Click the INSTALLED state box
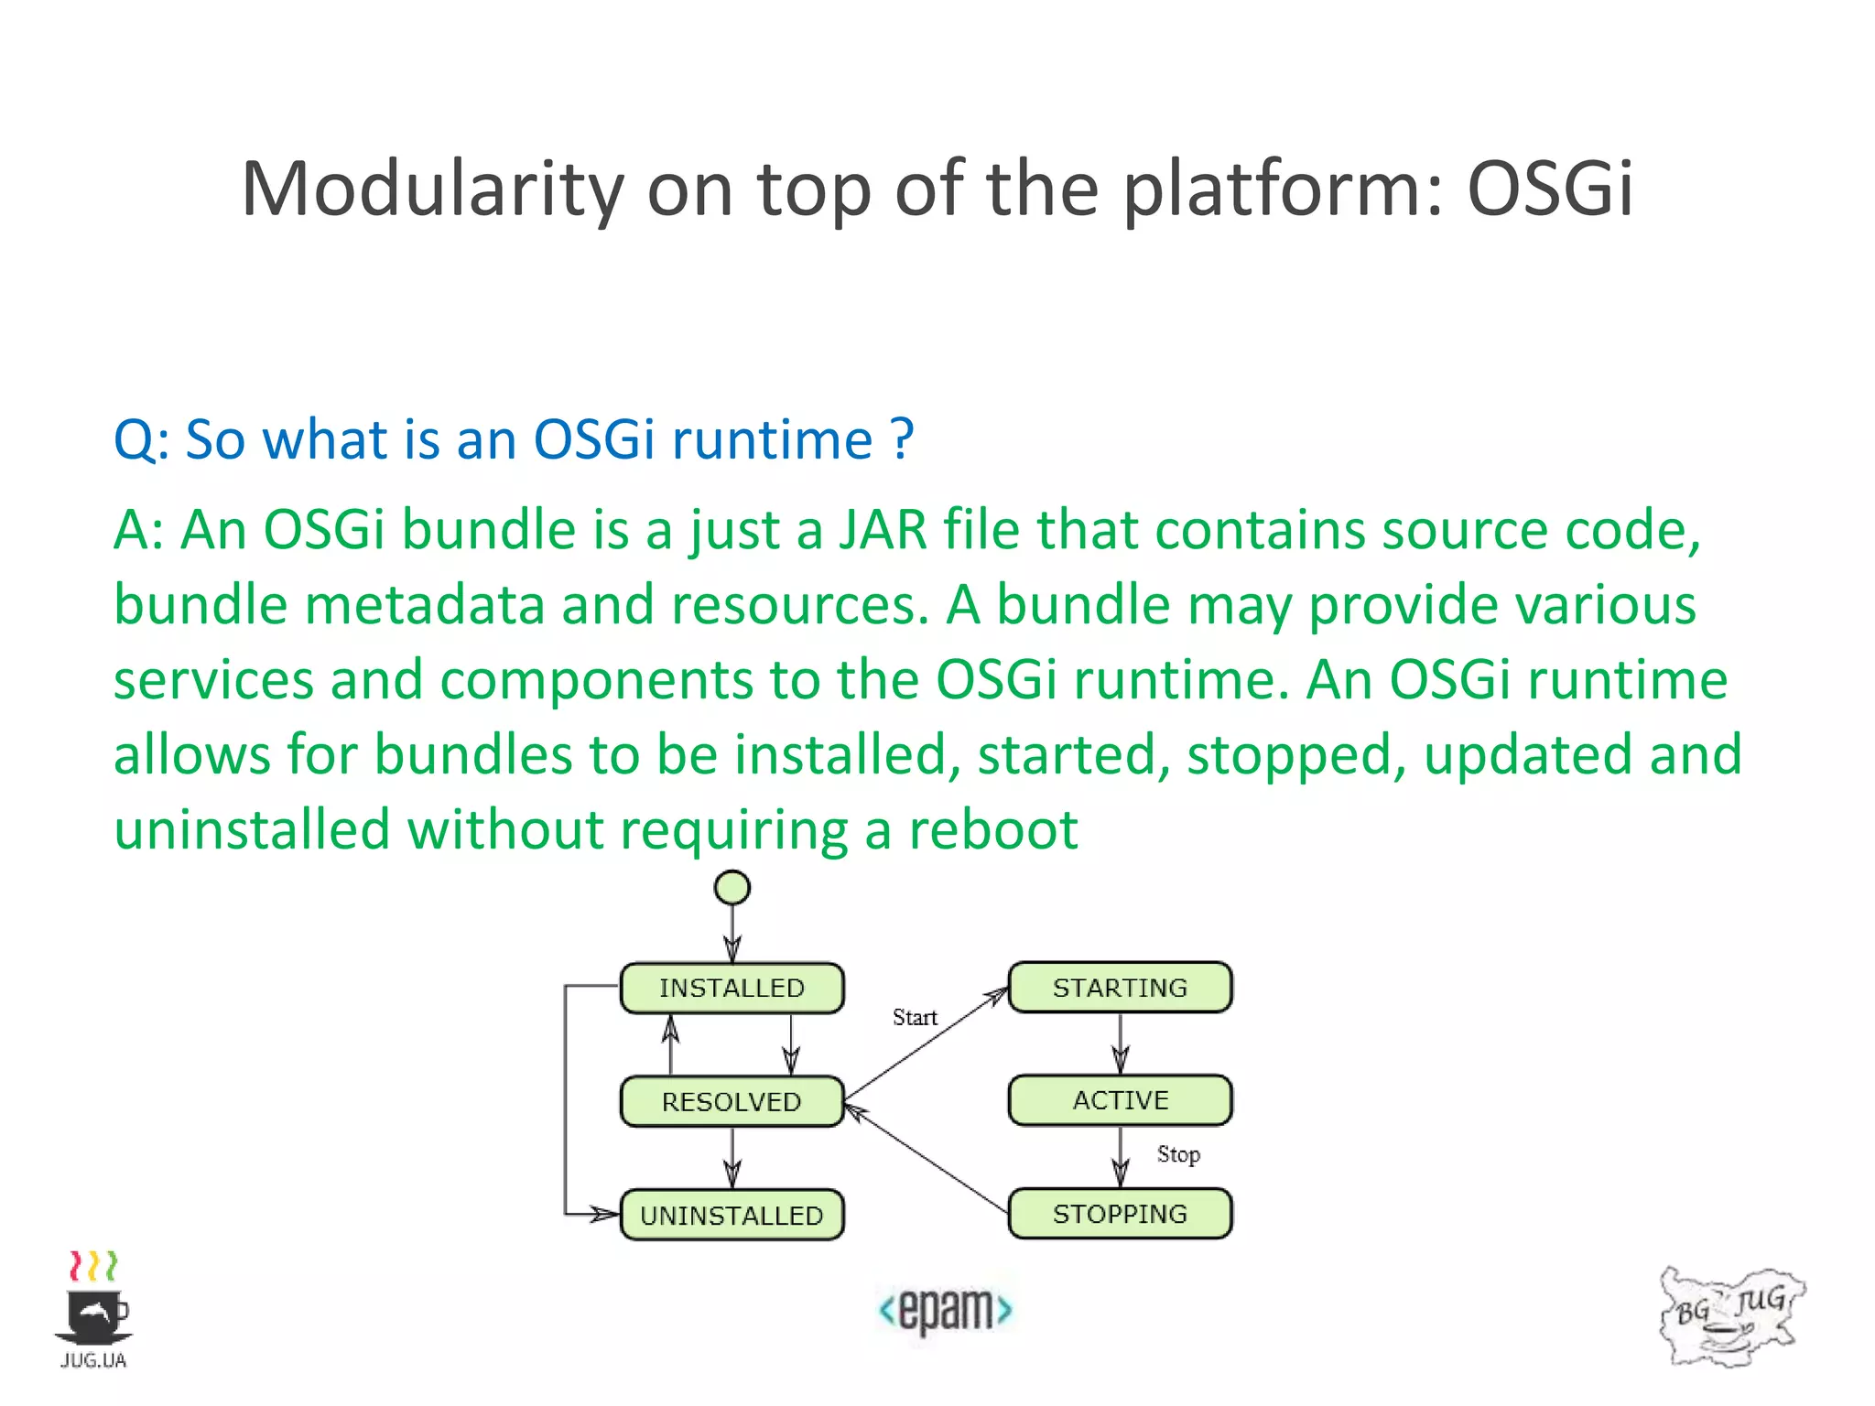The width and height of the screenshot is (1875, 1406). tap(732, 988)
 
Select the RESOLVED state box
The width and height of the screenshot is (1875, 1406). tap(732, 1101)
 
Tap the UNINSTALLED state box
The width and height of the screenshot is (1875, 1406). tap(732, 1215)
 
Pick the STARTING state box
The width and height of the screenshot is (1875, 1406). tap(1120, 988)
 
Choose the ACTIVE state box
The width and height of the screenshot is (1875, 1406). tap(1120, 1100)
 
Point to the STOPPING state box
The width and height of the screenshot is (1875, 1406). tap(1120, 1214)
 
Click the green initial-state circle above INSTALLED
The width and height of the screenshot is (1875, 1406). tap(732, 887)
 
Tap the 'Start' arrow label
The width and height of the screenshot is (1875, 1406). tap(915, 1017)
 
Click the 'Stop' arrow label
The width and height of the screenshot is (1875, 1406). tap(1177, 1154)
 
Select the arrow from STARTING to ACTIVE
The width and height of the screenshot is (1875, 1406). tap(1120, 1044)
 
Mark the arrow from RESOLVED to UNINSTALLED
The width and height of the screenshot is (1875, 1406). tap(732, 1158)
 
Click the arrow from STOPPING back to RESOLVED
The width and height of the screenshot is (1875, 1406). tap(925, 1158)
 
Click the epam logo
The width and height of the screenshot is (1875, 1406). tap(945, 1310)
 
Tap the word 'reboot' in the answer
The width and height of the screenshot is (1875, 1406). tap(992, 830)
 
